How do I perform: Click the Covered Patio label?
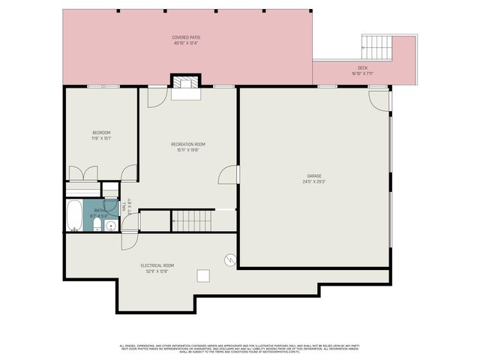(186, 37)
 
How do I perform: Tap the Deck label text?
(362, 67)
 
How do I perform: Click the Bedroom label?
(100, 133)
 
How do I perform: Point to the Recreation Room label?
(187, 144)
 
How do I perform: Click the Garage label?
(313, 176)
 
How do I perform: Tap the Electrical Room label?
(157, 265)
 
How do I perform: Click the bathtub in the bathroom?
(73, 216)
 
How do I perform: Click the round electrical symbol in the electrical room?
(230, 259)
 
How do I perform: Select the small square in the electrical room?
(203, 275)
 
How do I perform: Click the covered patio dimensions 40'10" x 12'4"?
(186, 43)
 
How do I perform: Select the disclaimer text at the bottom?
(240, 348)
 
